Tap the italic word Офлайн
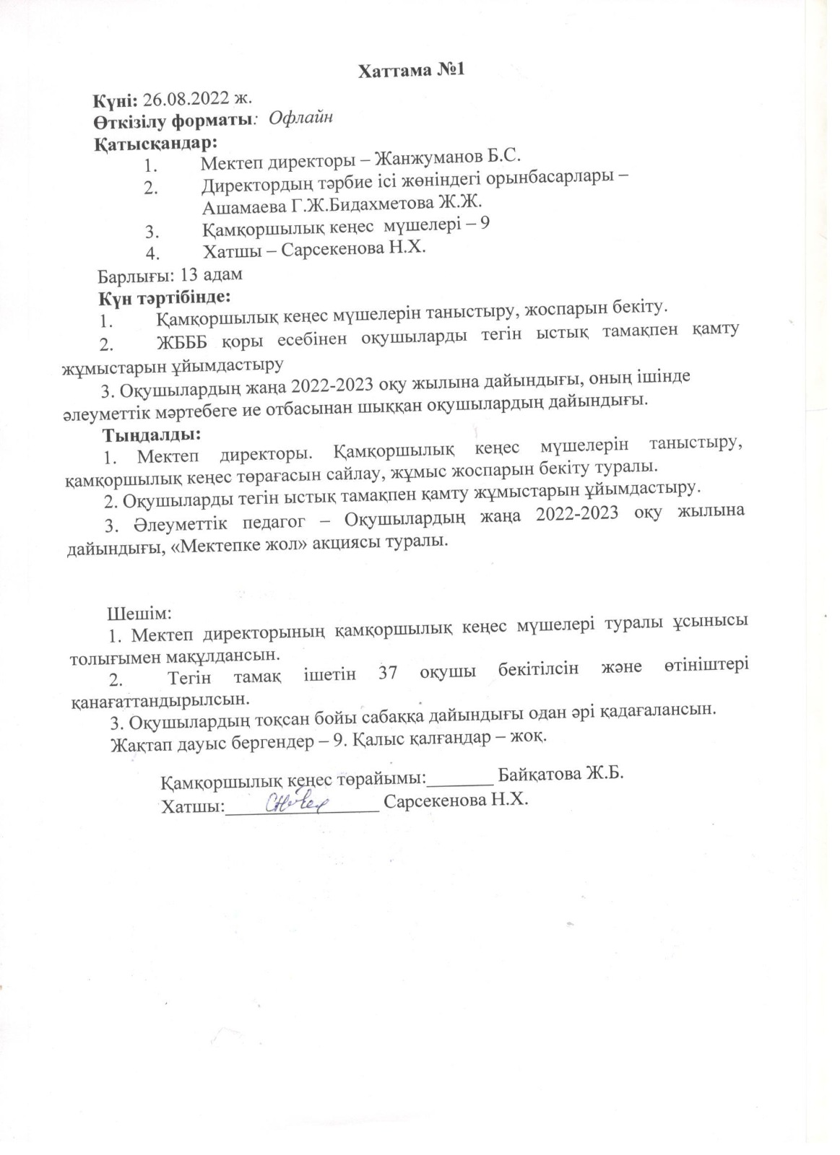[300, 118]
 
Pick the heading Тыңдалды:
[151, 435]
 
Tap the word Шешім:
[139, 613]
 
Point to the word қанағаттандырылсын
[160, 699]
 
